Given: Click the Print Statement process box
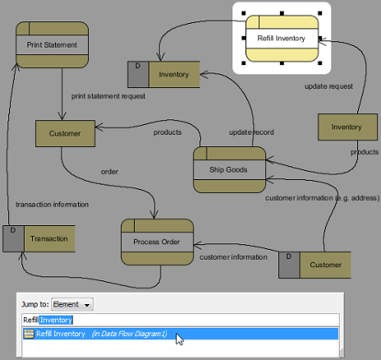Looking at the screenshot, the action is [x=52, y=44].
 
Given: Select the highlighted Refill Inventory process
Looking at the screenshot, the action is [x=282, y=39].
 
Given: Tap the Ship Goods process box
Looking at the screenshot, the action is [x=229, y=169].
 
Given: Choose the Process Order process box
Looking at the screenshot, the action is [x=157, y=242].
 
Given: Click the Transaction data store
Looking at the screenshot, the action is [x=39, y=238].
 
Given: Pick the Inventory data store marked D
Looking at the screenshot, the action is [x=163, y=74].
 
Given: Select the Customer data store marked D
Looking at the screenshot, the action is [x=314, y=265].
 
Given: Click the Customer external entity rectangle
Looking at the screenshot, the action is [x=65, y=133].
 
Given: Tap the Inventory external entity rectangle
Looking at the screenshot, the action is [x=347, y=127].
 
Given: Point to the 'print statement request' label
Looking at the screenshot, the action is [x=108, y=96].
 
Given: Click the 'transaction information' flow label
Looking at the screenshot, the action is [x=52, y=205].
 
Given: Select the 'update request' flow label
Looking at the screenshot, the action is [x=328, y=86].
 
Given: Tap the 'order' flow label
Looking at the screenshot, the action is [x=109, y=172].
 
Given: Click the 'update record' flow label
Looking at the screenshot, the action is [x=251, y=132].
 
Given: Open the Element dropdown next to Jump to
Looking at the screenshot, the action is [x=72, y=304].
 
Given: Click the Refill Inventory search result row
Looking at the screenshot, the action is [x=181, y=334].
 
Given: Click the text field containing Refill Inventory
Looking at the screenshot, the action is [x=181, y=320].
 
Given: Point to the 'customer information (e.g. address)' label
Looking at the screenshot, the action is [x=322, y=198].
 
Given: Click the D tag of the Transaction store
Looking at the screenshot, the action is [x=13, y=230].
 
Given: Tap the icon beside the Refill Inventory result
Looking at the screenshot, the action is [x=29, y=334].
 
